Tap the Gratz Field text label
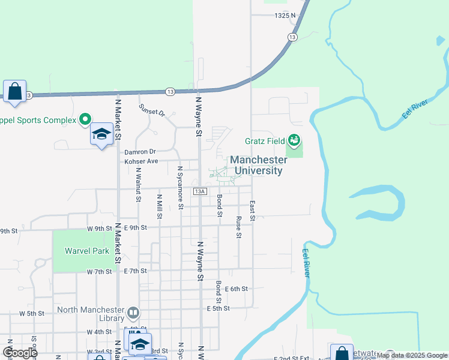pos(265,141)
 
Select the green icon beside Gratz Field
pos(294,140)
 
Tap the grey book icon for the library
pos(133,312)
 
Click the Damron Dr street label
pos(140,152)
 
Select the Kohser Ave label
pos(141,161)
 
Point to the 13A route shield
pos(200,191)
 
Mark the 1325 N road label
pos(285,16)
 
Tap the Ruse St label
pos(239,227)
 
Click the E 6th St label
pos(236,289)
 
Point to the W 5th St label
pos(32,313)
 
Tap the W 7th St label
pos(100,272)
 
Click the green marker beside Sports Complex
pos(85,119)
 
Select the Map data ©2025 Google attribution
pos(412,355)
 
